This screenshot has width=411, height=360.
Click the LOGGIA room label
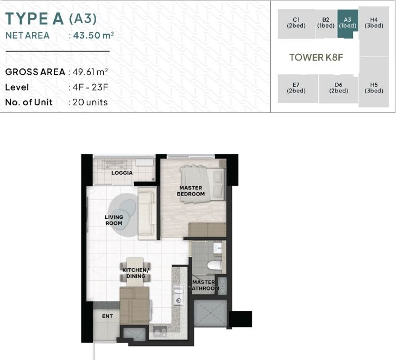(x=122, y=173)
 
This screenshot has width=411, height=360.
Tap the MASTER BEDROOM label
(x=191, y=191)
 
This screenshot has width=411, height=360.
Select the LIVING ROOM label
(x=114, y=220)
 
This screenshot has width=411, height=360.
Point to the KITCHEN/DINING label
(x=136, y=273)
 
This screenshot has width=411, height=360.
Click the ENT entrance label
(x=108, y=316)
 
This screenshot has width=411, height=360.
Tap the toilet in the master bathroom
(x=214, y=265)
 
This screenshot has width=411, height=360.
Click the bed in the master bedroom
(x=203, y=184)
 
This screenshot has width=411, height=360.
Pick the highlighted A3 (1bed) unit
(x=347, y=23)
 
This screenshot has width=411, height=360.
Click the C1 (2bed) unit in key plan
(x=296, y=24)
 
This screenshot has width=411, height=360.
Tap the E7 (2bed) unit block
(x=298, y=89)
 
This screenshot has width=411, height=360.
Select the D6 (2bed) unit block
(x=338, y=89)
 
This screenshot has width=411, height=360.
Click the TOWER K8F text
(x=316, y=57)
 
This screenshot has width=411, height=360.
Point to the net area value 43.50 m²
(x=93, y=35)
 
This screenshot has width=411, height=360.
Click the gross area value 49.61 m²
(x=90, y=72)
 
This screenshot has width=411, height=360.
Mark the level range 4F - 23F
(x=91, y=87)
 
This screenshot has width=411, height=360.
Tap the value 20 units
(x=90, y=102)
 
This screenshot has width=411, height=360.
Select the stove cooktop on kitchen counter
(x=160, y=331)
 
